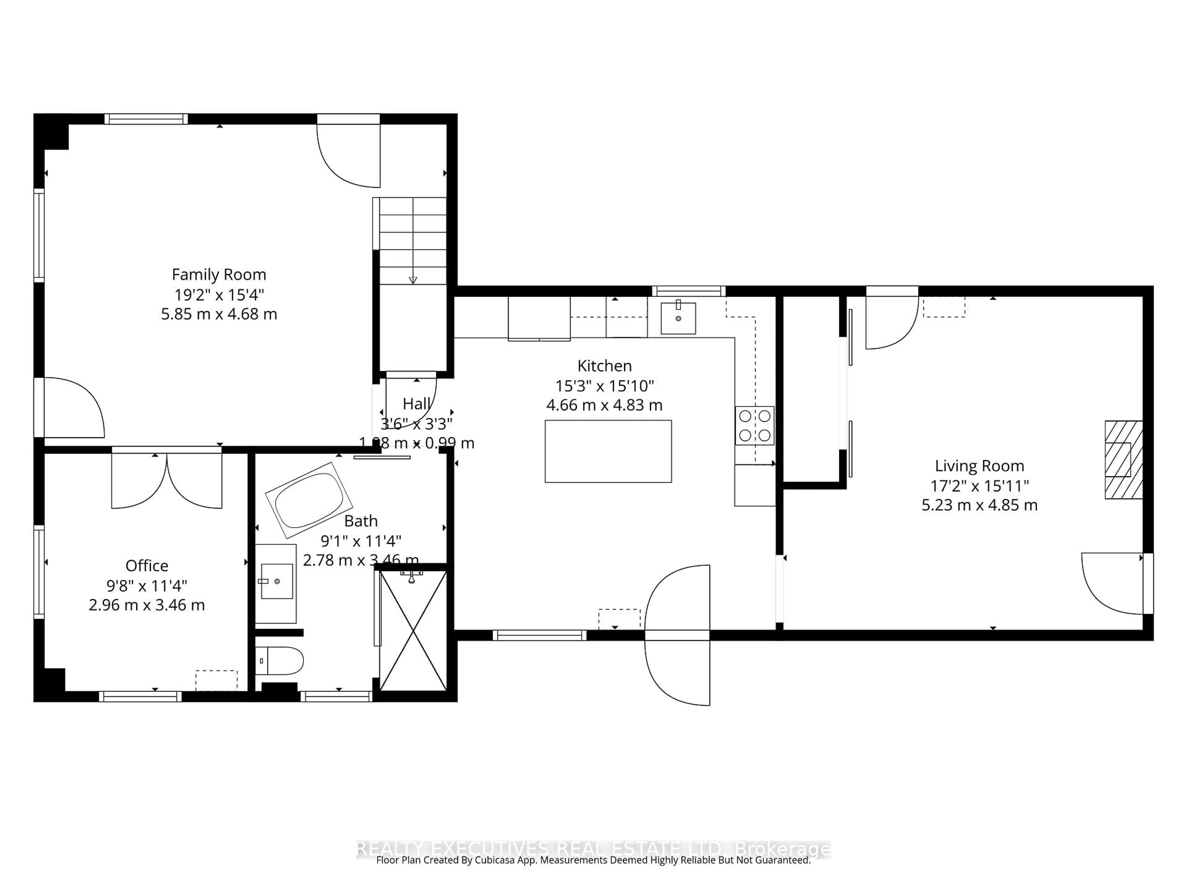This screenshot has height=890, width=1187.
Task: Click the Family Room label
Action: [x=219, y=275]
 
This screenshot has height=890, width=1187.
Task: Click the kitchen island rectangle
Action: [x=608, y=451]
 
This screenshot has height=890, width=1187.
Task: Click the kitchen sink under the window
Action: [x=678, y=318]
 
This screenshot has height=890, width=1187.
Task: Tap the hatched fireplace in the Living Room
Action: [x=1123, y=460]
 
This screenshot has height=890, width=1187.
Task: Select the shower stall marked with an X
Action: [x=413, y=631]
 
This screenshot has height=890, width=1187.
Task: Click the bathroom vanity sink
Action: [x=276, y=581]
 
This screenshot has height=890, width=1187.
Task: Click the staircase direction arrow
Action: [x=413, y=279]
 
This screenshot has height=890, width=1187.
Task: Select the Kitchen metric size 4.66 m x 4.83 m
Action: [x=604, y=405]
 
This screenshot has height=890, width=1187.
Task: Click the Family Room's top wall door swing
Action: [x=349, y=155]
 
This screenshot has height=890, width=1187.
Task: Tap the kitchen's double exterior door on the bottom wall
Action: [x=677, y=635]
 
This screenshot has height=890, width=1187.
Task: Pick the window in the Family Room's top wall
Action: [x=146, y=119]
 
